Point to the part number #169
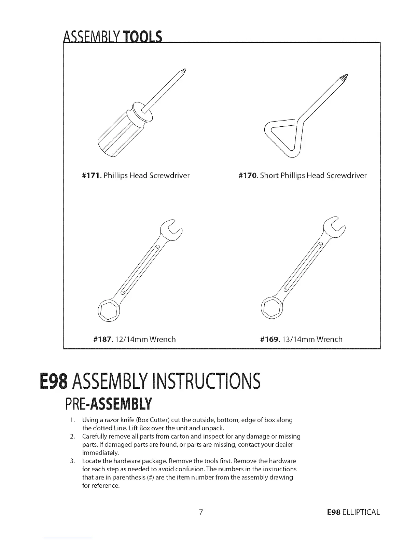pos(269,339)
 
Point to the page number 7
pos(201,512)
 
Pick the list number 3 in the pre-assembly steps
pos(72,461)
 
